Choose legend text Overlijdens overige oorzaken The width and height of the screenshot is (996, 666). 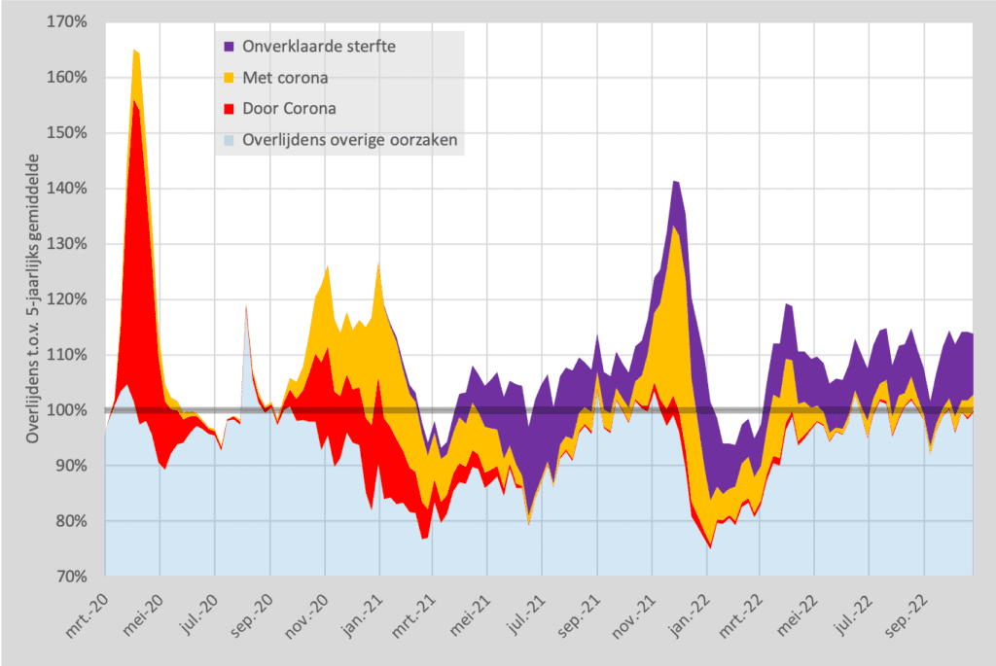(350, 140)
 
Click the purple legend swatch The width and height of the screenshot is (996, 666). (229, 47)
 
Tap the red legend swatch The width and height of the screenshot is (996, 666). (229, 109)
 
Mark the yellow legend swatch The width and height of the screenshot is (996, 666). (229, 78)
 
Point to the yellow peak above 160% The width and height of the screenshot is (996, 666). (136, 53)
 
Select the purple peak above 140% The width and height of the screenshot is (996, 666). (675, 183)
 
